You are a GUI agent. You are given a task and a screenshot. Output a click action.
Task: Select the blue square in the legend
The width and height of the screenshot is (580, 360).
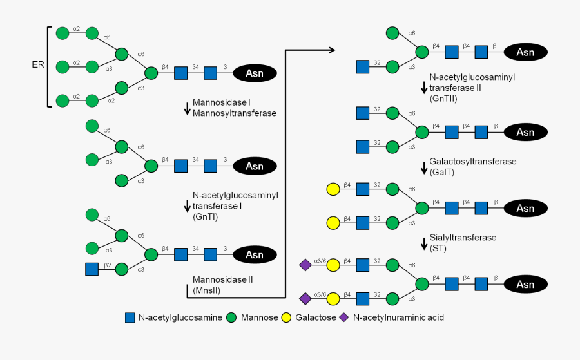(x=130, y=317)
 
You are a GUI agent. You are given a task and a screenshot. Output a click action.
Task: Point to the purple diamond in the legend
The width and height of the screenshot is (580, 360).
(x=344, y=317)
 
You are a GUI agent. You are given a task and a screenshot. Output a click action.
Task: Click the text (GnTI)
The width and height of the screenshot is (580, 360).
(x=205, y=217)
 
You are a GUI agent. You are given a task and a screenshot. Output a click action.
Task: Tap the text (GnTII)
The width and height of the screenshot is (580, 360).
(x=443, y=99)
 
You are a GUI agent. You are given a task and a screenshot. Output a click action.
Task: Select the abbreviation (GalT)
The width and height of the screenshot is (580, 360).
(x=443, y=171)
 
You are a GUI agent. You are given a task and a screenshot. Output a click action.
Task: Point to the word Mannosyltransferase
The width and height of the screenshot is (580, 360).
(x=235, y=113)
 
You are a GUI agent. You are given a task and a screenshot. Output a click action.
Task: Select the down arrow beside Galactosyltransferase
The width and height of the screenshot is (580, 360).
(x=424, y=167)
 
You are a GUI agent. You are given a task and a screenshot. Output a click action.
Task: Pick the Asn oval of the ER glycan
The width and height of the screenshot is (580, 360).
(x=255, y=73)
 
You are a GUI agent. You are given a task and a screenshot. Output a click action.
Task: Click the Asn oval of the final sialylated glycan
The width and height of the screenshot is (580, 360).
(x=525, y=284)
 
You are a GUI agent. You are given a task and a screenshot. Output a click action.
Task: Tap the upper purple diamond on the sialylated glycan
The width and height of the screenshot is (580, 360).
(x=305, y=265)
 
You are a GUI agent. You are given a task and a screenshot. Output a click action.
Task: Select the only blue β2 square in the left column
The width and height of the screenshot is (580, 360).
(x=92, y=269)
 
